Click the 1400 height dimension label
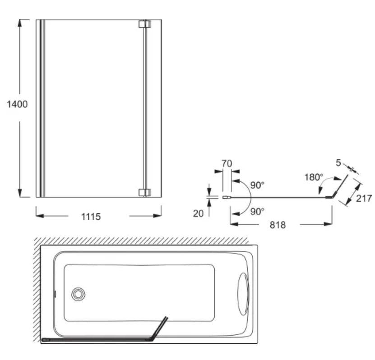tap(17, 104)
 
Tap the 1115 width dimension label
tap(91, 217)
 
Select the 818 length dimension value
tap(278, 225)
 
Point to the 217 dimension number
tap(364, 198)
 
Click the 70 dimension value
tap(227, 163)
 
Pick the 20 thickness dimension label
tap(198, 213)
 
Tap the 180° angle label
tap(314, 177)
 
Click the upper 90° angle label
tap(257, 185)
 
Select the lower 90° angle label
tap(257, 211)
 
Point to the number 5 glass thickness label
tap(338, 162)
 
